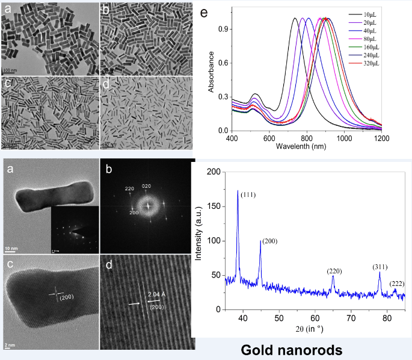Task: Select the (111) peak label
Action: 250,196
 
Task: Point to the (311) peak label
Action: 380,266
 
